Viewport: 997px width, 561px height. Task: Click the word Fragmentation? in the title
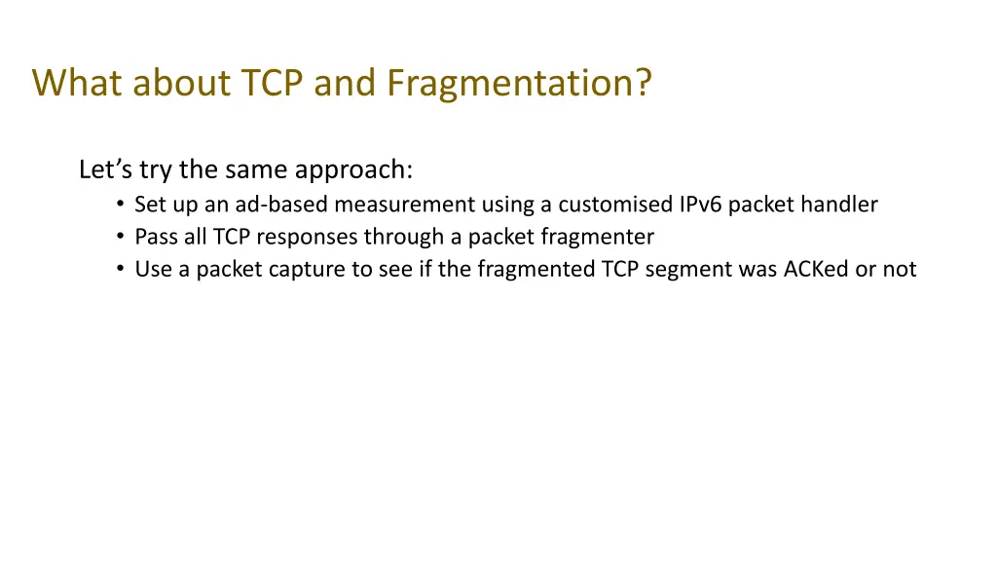point(518,84)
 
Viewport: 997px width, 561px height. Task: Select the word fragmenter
point(603,237)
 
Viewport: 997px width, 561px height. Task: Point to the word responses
point(312,237)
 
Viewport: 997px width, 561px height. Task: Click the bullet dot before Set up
point(119,205)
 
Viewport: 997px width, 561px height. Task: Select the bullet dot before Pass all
point(119,237)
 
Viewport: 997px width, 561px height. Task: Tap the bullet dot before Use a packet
point(119,269)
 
